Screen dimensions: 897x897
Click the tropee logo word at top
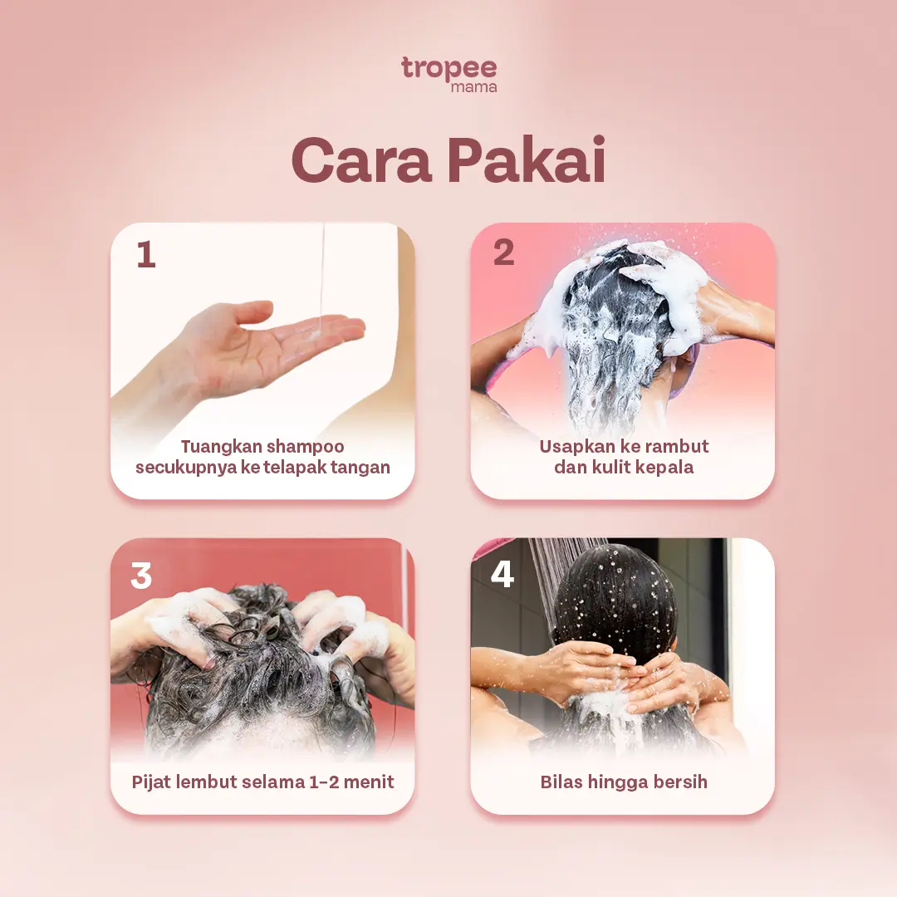(449, 69)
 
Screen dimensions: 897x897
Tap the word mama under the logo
(473, 87)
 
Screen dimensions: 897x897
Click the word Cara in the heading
(361, 160)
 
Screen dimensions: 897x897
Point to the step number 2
(503, 252)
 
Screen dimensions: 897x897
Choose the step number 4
(502, 574)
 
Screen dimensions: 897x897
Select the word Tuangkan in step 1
(222, 447)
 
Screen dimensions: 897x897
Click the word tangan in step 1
(361, 468)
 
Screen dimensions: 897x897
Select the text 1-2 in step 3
(325, 782)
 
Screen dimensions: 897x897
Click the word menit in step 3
(369, 782)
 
